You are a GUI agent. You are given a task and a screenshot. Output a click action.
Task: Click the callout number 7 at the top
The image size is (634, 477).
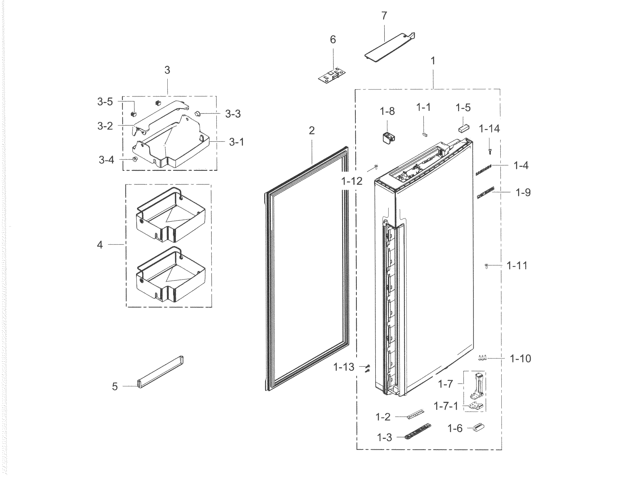pyautogui.click(x=384, y=16)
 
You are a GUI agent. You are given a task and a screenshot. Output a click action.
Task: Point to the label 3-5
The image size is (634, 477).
pyautogui.click(x=105, y=102)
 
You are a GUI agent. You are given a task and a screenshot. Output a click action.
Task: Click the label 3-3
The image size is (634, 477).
pyautogui.click(x=233, y=114)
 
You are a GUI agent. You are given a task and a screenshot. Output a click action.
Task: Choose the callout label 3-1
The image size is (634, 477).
pyautogui.click(x=236, y=142)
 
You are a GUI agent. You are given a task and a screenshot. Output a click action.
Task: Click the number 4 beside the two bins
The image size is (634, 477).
pyautogui.click(x=100, y=245)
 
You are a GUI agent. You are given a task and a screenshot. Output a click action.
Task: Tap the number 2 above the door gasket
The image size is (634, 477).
pyautogui.click(x=311, y=130)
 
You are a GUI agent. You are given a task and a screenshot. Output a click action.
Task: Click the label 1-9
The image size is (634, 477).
pyautogui.click(x=523, y=192)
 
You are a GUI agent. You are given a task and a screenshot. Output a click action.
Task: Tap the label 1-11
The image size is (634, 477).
pyautogui.click(x=517, y=266)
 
